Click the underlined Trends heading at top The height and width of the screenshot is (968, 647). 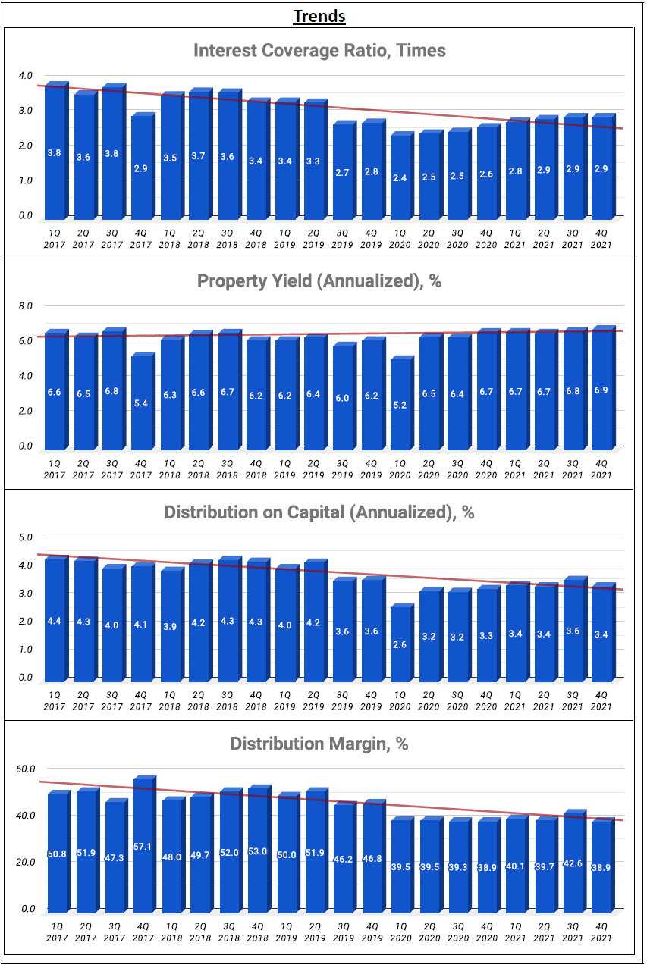(319, 15)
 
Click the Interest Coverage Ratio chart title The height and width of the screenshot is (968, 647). (319, 51)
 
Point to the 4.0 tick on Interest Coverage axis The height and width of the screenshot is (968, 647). (26, 76)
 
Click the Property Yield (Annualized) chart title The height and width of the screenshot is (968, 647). (319, 281)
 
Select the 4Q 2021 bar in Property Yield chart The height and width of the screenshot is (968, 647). (602, 389)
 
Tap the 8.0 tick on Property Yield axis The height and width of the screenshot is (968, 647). (26, 306)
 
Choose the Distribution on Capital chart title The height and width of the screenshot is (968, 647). (319, 512)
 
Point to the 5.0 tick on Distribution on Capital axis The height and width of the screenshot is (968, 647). (26, 537)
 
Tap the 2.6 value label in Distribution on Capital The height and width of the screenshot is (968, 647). (400, 644)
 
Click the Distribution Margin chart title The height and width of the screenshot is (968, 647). (319, 744)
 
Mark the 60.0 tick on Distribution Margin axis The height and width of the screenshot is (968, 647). (26, 769)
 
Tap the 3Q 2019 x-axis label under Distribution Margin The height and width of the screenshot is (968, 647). (343, 932)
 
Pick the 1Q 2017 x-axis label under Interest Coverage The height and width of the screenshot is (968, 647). (55, 239)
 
